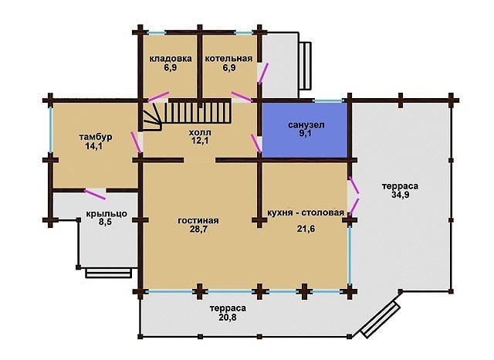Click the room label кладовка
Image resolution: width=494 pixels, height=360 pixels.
coord(171,59)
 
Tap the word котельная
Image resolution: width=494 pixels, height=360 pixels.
coord(228,59)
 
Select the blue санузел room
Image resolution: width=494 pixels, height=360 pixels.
coord(305,130)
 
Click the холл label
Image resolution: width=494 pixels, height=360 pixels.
coord(200,132)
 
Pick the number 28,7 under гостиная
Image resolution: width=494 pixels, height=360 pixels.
coord(198,229)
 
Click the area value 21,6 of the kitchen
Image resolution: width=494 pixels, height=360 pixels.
coord(306,229)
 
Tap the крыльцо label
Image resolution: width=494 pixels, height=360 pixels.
coord(107,214)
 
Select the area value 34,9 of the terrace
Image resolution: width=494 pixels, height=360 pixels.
coord(401,195)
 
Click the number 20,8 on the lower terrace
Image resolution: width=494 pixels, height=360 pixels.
coord(228,317)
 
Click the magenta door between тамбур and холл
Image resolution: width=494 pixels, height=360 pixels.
coord(135,142)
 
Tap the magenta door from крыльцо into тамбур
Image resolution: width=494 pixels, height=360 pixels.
coord(95,194)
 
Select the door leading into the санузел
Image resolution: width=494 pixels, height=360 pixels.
coord(256,144)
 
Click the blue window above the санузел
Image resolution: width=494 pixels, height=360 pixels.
coord(329,101)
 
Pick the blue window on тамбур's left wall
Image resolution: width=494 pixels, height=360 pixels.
coord(50,130)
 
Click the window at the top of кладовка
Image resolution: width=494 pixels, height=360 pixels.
coord(157,32)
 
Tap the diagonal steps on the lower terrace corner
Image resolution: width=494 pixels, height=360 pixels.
coord(381,319)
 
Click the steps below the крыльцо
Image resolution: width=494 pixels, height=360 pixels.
coord(108,273)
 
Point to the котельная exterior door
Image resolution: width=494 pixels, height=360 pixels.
coord(263,73)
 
